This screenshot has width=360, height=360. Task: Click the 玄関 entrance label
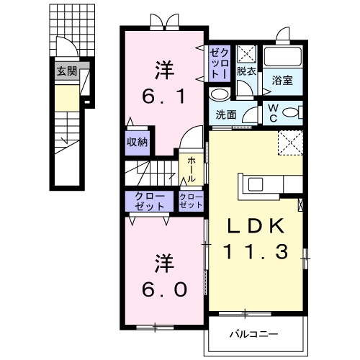tap(68, 71)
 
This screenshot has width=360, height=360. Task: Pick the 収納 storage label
tap(138, 141)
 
